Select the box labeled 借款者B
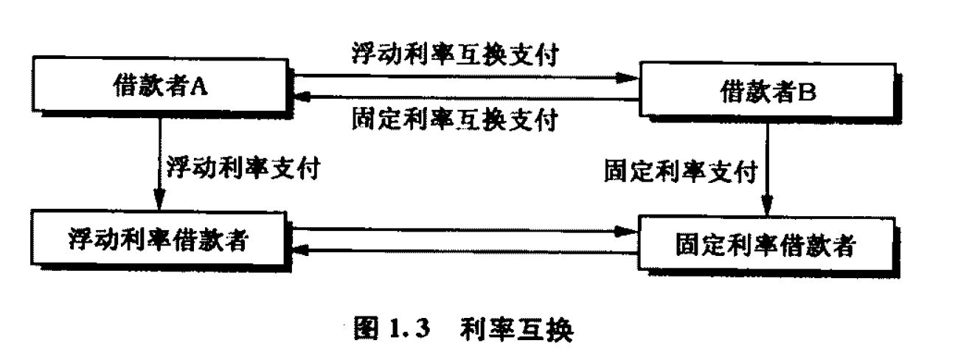coord(767,92)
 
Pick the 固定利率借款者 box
coord(767,246)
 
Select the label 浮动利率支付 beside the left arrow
coord(243,167)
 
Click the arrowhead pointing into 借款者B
coord(627,76)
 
